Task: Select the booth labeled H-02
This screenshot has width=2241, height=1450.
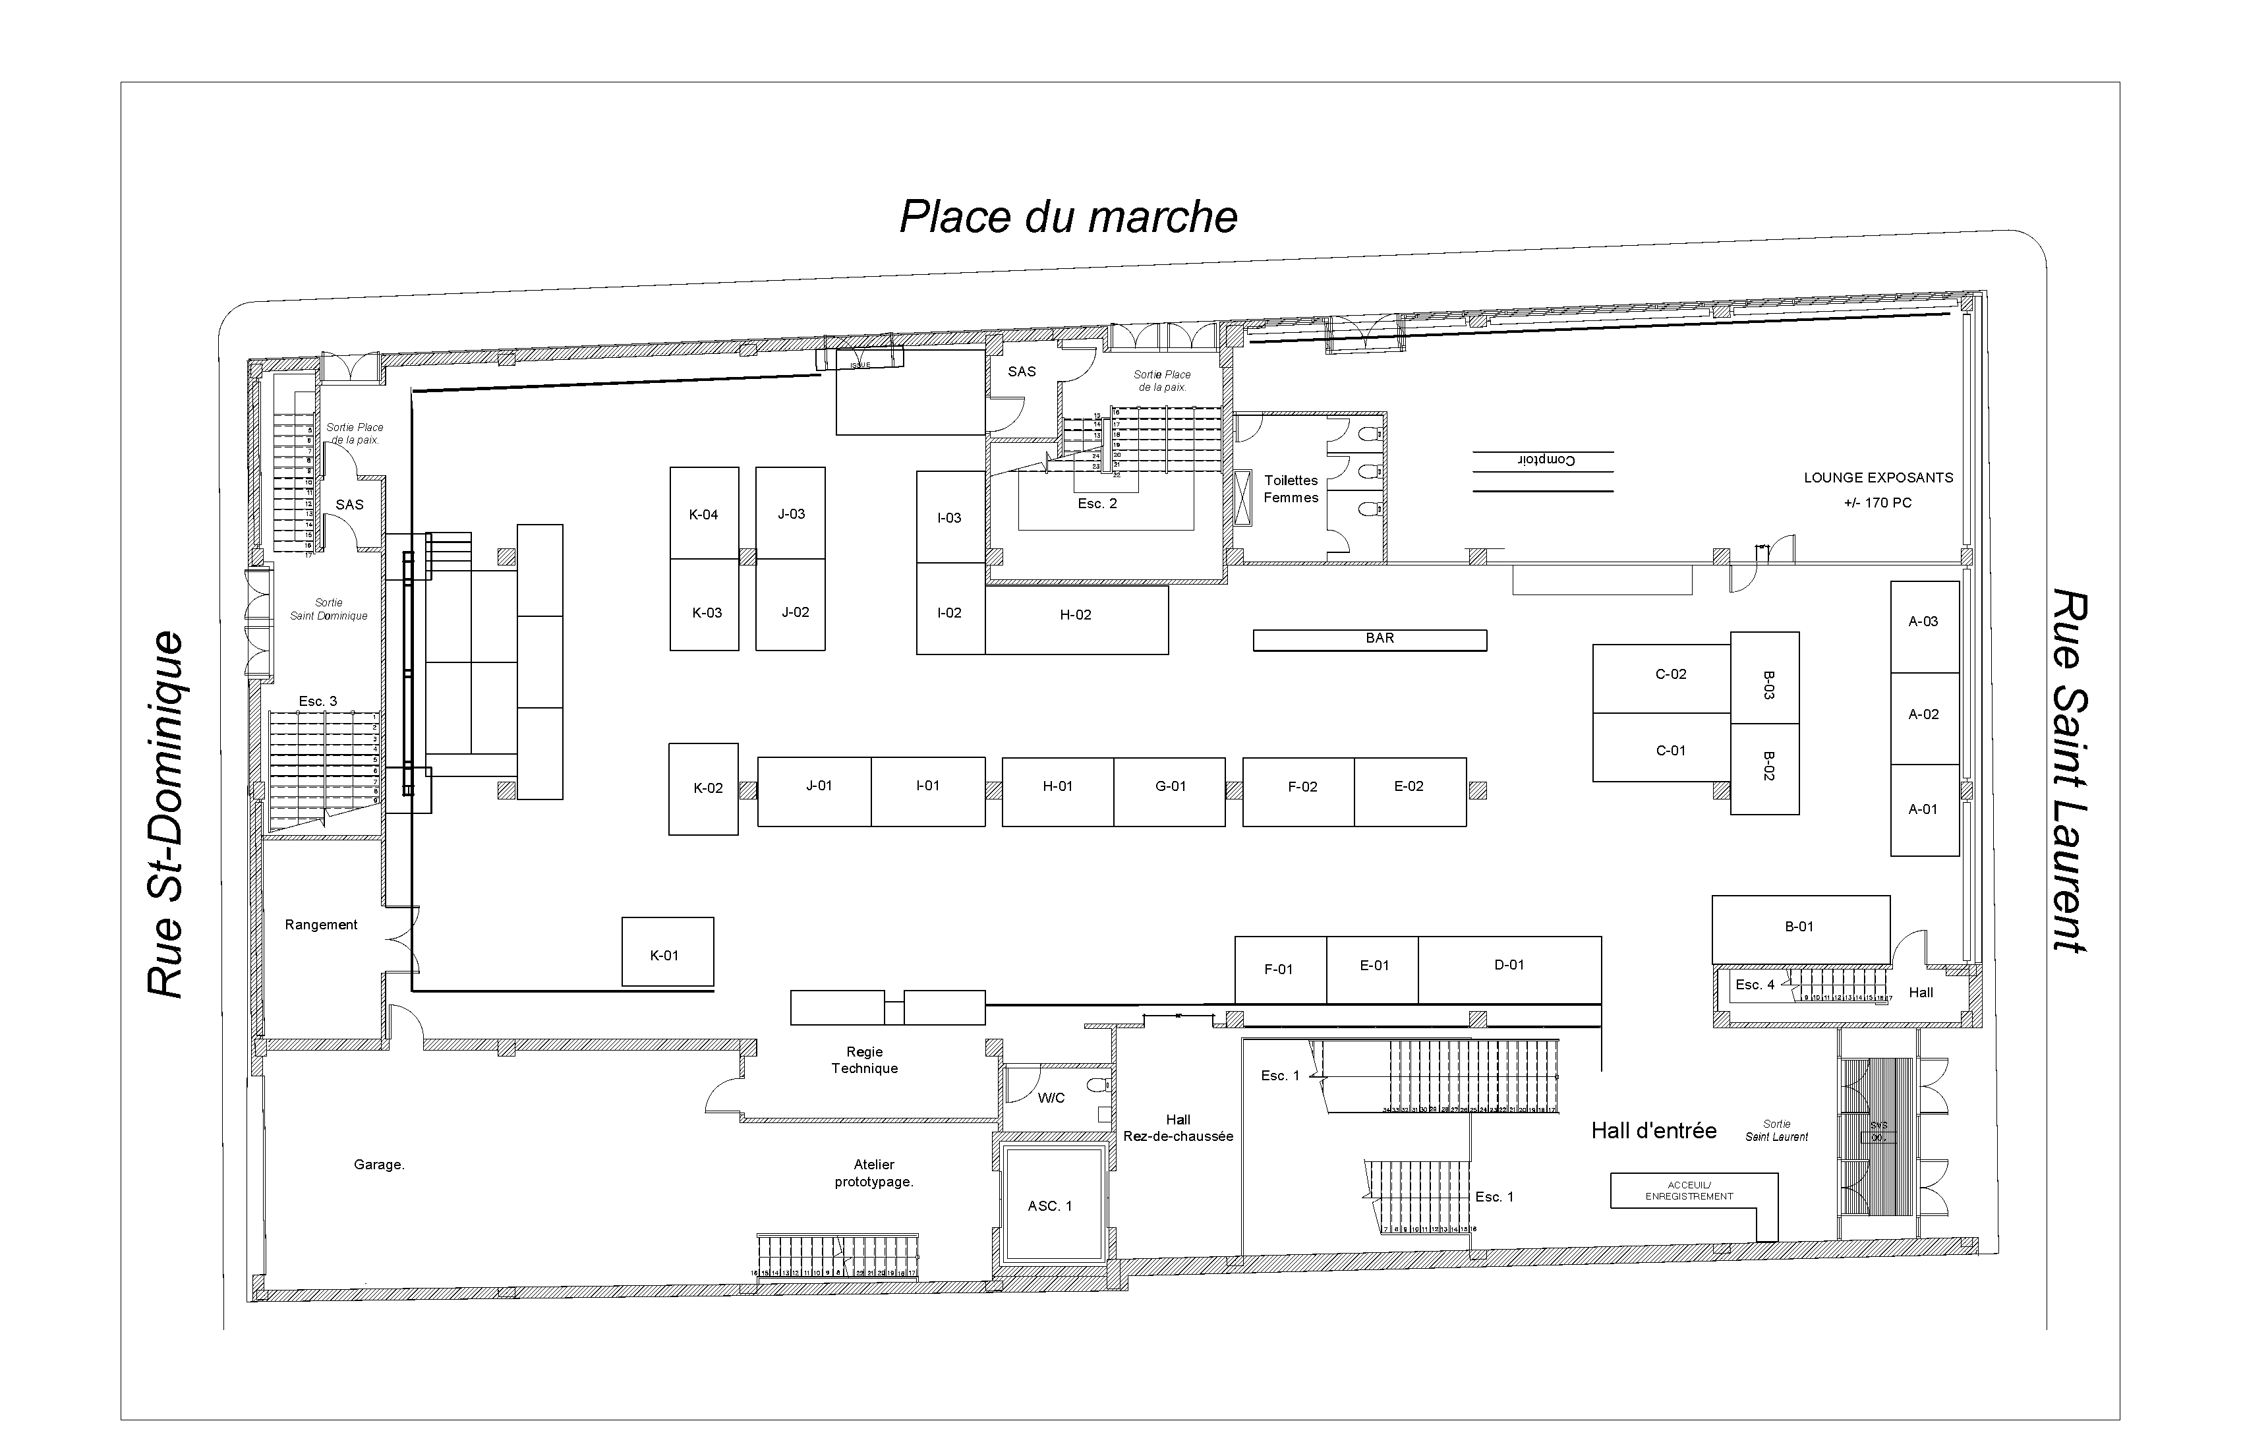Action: tap(1075, 616)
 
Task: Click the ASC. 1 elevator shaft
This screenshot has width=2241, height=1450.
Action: tap(1050, 1206)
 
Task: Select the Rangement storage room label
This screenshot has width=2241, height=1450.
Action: tap(321, 925)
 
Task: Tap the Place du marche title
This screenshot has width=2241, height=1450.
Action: tap(1068, 217)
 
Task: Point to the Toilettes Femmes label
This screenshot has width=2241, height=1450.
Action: tap(1291, 488)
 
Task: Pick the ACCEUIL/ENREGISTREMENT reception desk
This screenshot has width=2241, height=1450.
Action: tap(1689, 1191)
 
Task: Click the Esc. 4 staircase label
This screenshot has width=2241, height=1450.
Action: tap(1754, 985)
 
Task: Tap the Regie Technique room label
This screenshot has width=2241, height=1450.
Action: tap(864, 1060)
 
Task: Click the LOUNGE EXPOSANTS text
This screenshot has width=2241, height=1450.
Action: tap(1878, 478)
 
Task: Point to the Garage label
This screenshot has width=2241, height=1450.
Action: tap(378, 1165)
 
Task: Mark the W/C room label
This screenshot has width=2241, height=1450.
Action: tap(1051, 1098)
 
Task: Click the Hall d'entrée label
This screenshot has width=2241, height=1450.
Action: tap(1654, 1131)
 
